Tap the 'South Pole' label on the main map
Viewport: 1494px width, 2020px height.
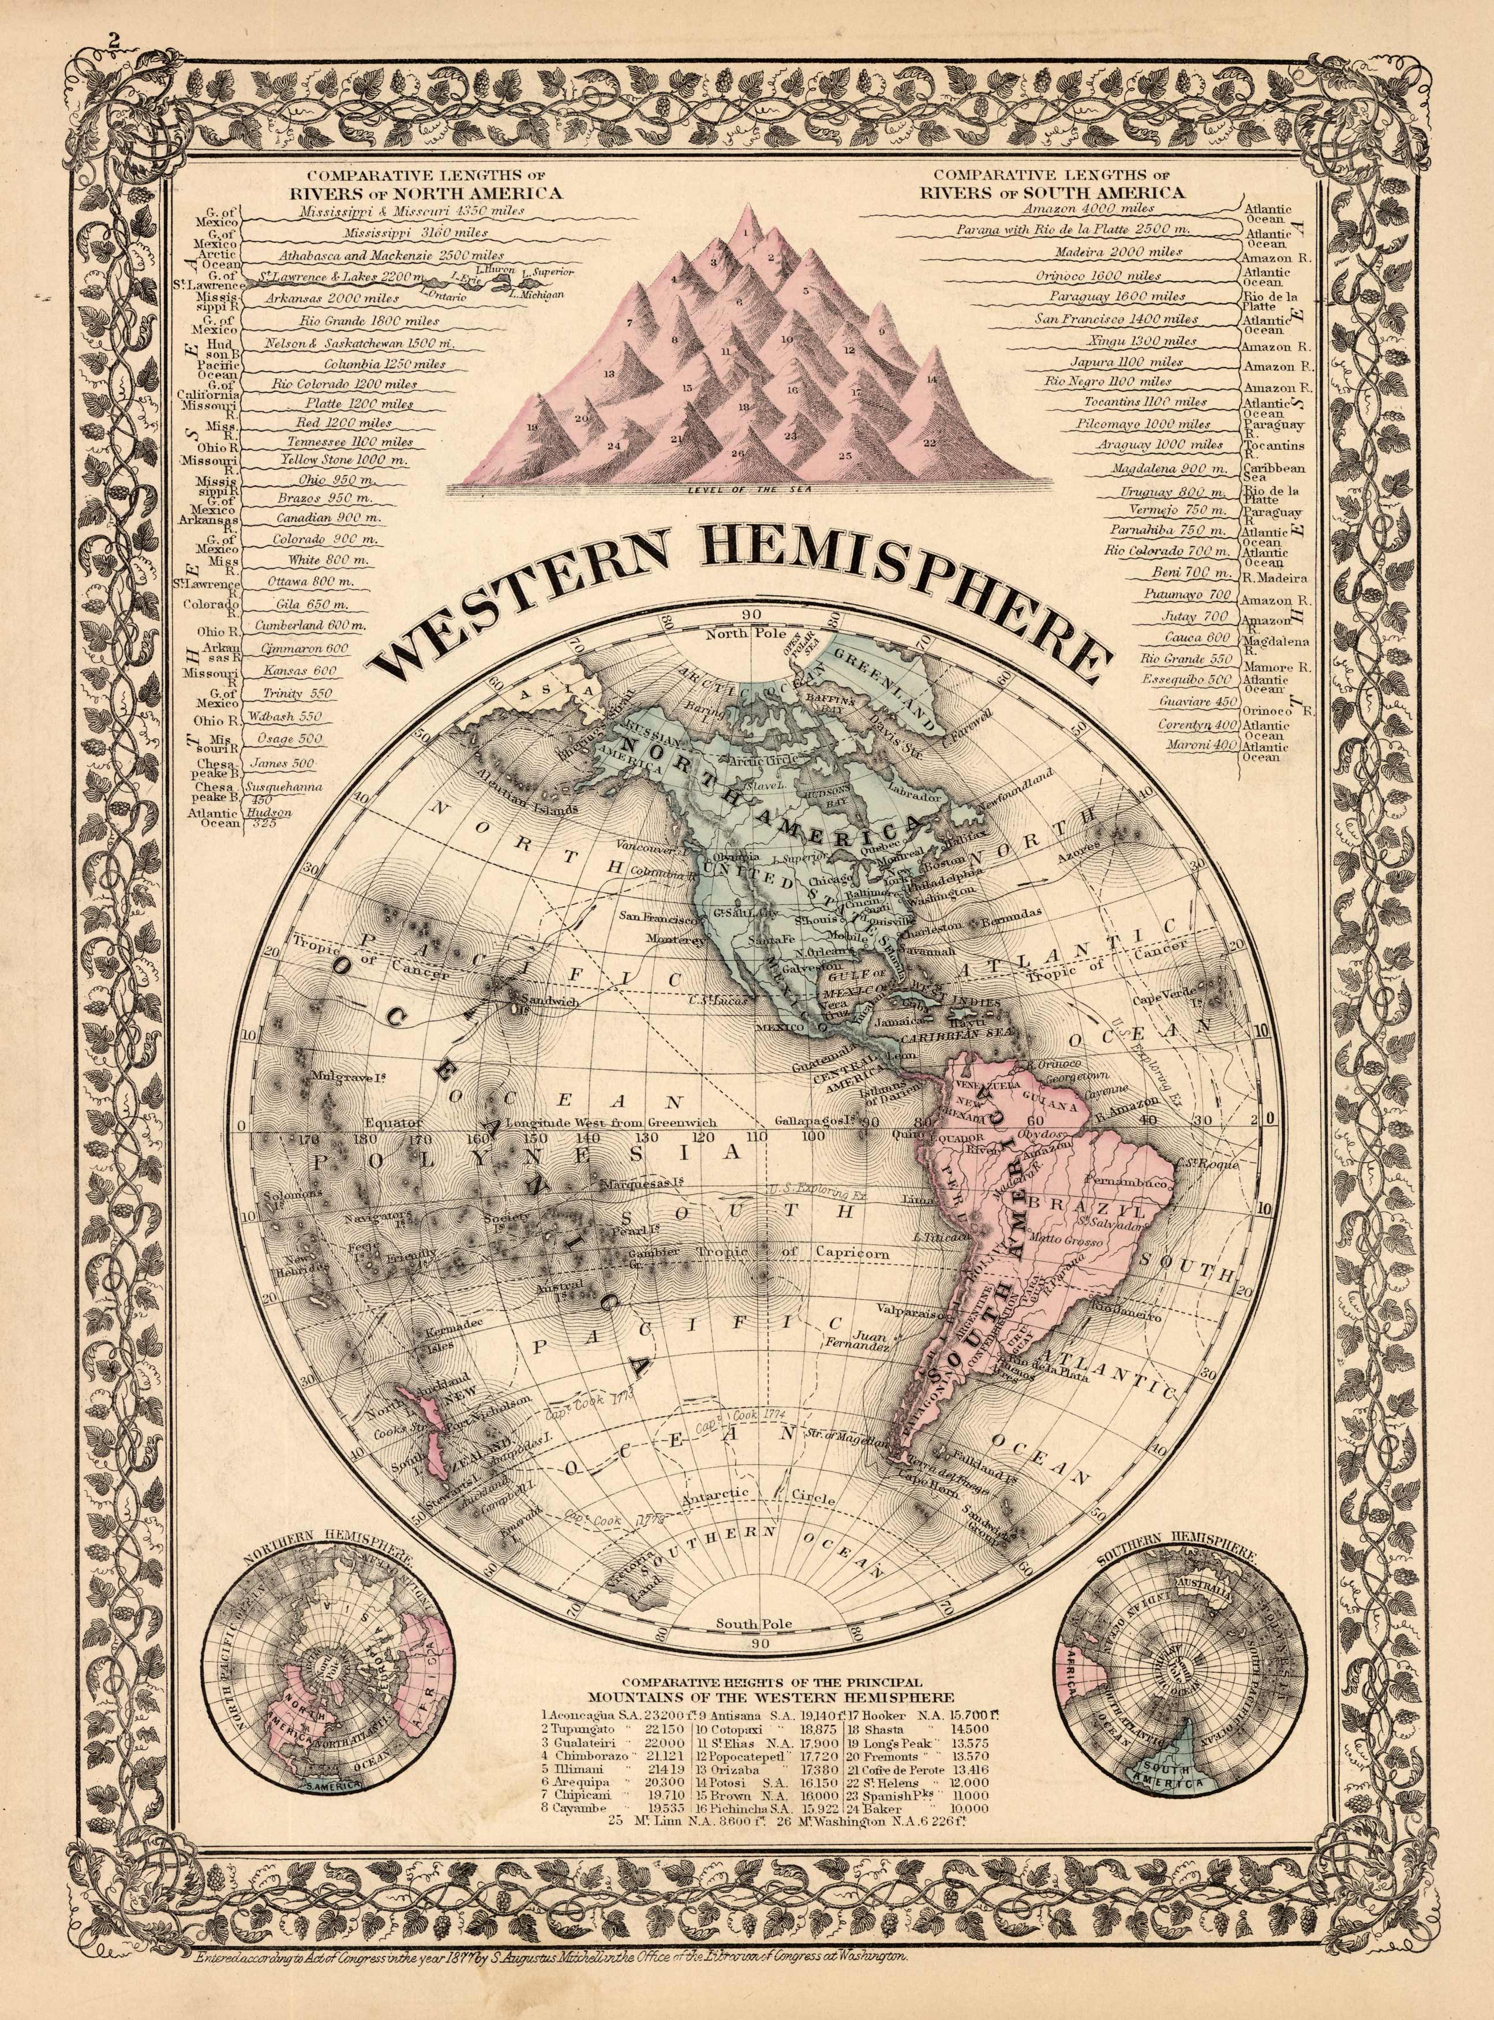pos(752,1624)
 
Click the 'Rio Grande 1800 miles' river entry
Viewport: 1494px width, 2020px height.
pos(368,321)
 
